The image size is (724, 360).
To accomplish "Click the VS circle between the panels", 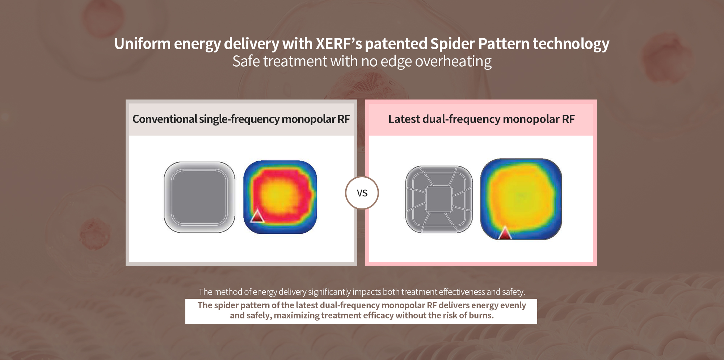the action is point(362,193).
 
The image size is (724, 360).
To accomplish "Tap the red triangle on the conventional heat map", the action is point(257,216).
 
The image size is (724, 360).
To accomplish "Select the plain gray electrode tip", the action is point(199,197).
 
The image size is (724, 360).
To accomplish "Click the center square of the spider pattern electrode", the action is point(439,199).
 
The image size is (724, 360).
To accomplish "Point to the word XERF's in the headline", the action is point(339,44).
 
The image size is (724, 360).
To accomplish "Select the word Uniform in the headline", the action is point(143,44).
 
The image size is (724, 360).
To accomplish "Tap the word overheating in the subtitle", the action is point(453,61).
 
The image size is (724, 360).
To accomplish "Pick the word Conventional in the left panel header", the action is point(165,119).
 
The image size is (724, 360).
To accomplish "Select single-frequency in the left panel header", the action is point(239,119).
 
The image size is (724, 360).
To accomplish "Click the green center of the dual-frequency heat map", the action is point(521,196).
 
